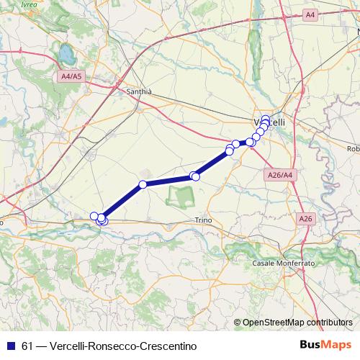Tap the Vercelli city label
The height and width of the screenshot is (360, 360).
tap(270, 122)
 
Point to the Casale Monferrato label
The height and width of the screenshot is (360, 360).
tap(284, 264)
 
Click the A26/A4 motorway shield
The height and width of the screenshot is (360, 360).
tap(279, 175)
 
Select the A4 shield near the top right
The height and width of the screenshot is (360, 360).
tap(310, 14)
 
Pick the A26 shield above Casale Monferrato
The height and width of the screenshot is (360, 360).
tap(305, 217)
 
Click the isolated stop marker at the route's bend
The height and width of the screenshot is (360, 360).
tap(143, 184)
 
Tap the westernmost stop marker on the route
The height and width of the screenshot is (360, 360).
tap(94, 216)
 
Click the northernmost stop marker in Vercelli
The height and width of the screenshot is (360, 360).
tap(266, 119)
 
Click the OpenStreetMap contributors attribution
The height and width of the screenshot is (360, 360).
tap(297, 323)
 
